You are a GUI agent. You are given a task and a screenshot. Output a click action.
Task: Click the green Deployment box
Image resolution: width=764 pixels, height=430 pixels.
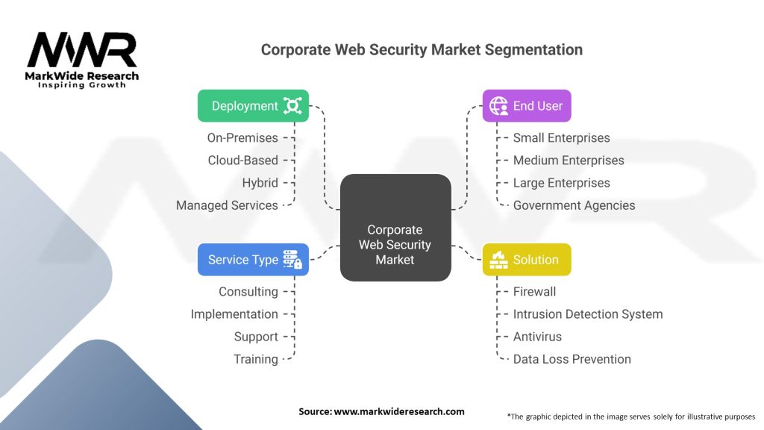pyautogui.click(x=253, y=106)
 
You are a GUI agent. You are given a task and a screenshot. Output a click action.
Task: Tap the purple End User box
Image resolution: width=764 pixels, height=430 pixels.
pyautogui.click(x=526, y=106)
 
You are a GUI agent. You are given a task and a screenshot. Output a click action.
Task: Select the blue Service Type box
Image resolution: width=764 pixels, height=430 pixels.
pyautogui.click(x=253, y=260)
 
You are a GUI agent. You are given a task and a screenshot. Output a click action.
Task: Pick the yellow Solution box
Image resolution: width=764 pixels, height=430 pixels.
pyautogui.click(x=526, y=260)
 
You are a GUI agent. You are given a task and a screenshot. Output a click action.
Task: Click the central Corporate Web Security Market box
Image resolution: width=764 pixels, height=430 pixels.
pyautogui.click(x=395, y=228)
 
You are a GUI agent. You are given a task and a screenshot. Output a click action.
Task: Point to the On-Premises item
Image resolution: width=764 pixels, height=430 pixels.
pyautogui.click(x=242, y=137)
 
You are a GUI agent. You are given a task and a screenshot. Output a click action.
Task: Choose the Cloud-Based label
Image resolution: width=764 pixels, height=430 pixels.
pyautogui.click(x=242, y=160)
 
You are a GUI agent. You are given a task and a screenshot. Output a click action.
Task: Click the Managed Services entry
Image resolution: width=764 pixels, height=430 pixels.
pyautogui.click(x=227, y=205)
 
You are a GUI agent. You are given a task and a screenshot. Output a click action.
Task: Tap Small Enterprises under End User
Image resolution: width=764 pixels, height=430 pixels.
pyautogui.click(x=561, y=137)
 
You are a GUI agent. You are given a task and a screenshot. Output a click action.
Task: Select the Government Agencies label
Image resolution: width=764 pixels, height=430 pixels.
pyautogui.click(x=574, y=205)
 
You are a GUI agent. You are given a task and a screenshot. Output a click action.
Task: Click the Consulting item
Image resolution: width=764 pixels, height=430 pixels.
pyautogui.click(x=248, y=291)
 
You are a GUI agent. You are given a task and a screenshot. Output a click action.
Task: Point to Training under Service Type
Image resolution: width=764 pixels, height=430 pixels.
pyautogui.click(x=256, y=358)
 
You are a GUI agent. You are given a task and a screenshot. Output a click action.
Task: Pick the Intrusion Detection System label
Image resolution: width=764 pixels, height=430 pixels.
pyautogui.click(x=587, y=314)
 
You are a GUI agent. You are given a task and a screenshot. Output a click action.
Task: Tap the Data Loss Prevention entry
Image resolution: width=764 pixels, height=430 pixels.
pyautogui.click(x=572, y=358)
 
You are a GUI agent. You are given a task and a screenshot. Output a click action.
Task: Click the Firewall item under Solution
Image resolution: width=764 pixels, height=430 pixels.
pyautogui.click(x=534, y=291)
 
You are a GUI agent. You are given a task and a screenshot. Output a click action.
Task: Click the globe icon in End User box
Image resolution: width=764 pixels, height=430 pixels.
pyautogui.click(x=498, y=106)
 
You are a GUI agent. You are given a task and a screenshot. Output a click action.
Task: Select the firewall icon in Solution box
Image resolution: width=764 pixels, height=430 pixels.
pyautogui.click(x=498, y=260)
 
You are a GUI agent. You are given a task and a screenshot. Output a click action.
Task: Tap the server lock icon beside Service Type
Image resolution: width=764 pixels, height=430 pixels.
pyautogui.click(x=292, y=260)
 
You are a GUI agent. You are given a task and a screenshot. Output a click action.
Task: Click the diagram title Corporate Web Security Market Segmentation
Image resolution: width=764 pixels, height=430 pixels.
pyautogui.click(x=422, y=50)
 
